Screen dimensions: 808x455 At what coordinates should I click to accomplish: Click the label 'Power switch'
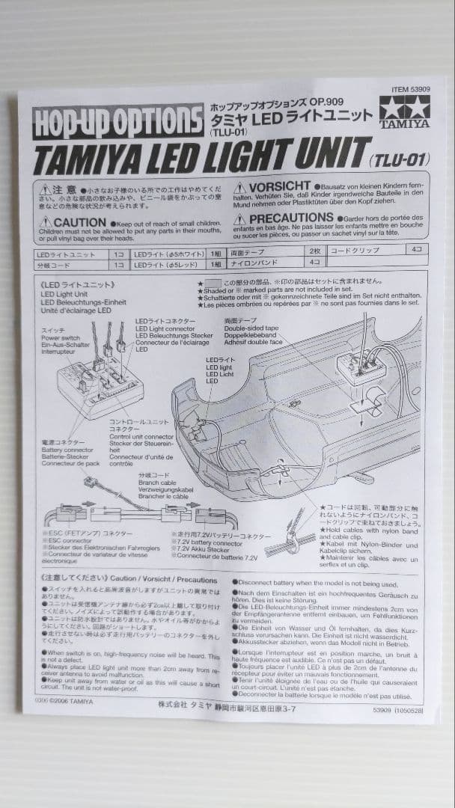[59, 337]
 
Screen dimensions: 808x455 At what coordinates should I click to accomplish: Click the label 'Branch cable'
[154, 483]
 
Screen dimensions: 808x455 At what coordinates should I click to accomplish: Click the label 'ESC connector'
[63, 540]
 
